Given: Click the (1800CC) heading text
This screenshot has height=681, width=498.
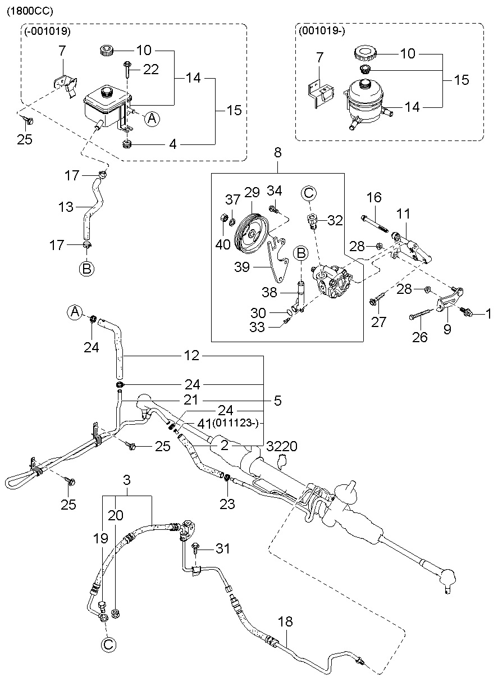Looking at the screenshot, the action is [x=30, y=11].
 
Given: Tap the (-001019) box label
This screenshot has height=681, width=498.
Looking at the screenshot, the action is [x=47, y=31].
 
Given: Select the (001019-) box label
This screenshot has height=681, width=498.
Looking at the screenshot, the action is [x=322, y=31].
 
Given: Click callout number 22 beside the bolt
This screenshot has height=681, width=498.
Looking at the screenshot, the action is [x=150, y=70].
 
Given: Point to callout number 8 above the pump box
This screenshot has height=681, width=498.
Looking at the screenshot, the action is [x=278, y=152].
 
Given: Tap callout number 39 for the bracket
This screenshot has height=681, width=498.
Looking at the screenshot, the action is [x=242, y=267].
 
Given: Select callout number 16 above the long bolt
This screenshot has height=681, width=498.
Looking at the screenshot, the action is [x=374, y=198].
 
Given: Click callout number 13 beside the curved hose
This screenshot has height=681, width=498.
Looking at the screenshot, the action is [x=66, y=207].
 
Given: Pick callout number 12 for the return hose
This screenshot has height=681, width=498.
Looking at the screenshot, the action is [x=191, y=356].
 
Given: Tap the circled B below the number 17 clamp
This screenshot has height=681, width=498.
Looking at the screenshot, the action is [x=86, y=269].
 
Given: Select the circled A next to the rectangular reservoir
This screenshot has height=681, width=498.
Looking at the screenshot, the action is [x=152, y=119].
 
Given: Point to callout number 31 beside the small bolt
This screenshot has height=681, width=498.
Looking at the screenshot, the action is [x=223, y=548].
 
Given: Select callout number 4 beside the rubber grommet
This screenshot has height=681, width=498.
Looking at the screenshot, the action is [x=172, y=144].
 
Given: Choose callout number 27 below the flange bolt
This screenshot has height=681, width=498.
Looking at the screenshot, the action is [x=378, y=322].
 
